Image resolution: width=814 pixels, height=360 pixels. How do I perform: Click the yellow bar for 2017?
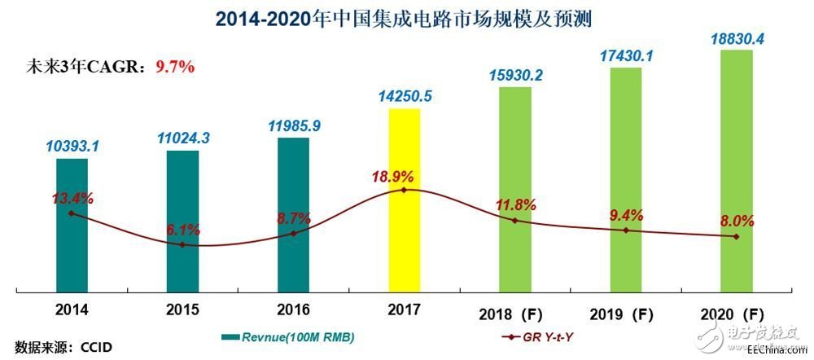pyautogui.click(x=405, y=199)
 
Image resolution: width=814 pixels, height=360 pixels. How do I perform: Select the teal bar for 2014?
pyautogui.click(x=72, y=224)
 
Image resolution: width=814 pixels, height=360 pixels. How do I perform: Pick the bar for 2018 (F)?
pyautogui.click(x=514, y=187)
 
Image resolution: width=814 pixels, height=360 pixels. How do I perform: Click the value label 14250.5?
pyautogui.click(x=405, y=96)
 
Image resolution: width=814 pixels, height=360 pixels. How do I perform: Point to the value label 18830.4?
pyautogui.click(x=736, y=38)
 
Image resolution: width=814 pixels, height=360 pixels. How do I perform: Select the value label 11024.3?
pyautogui.click(x=182, y=138)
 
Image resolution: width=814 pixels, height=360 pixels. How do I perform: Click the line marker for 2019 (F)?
pyautogui.click(x=625, y=230)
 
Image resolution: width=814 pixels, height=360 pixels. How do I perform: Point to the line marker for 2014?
pyautogui.click(x=72, y=213)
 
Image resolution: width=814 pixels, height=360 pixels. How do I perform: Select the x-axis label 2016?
pyautogui.click(x=293, y=310)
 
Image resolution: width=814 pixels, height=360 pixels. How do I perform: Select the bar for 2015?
pyautogui.click(x=182, y=220)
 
